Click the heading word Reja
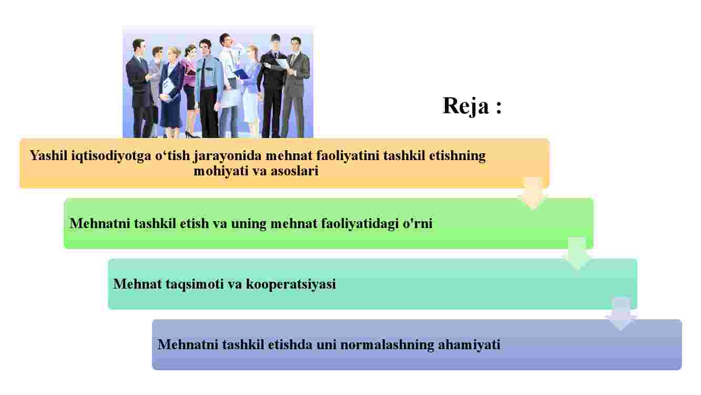tap(465, 106)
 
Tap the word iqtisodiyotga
tap(111, 156)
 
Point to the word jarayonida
tap(228, 156)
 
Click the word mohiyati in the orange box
tap(221, 172)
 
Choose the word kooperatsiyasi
tap(291, 284)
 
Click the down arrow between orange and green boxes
tap(533, 192)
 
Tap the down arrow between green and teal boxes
tap(577, 253)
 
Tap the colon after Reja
tap(499, 107)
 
